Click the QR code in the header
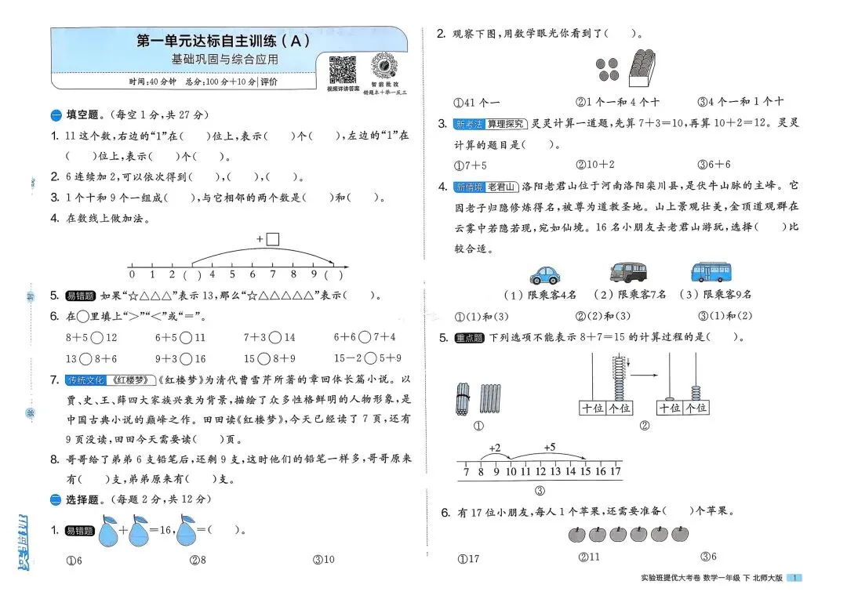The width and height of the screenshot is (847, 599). [342, 70]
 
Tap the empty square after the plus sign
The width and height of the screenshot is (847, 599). [272, 239]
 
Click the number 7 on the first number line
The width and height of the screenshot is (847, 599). [273, 274]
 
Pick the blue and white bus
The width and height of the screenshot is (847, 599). [712, 271]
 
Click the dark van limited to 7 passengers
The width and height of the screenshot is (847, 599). [628, 271]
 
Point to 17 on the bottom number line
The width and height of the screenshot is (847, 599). [616, 471]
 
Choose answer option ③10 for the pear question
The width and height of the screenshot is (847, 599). [323, 560]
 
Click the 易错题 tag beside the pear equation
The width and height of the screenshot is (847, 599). [80, 531]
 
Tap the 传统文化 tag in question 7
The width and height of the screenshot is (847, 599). [85, 380]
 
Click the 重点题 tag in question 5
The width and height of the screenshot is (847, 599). [469, 338]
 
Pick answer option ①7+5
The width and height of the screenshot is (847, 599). [471, 165]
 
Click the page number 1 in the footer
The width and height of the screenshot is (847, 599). [796, 579]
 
